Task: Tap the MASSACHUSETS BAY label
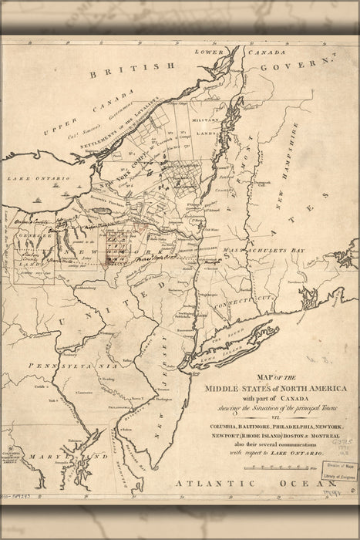(259, 251)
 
